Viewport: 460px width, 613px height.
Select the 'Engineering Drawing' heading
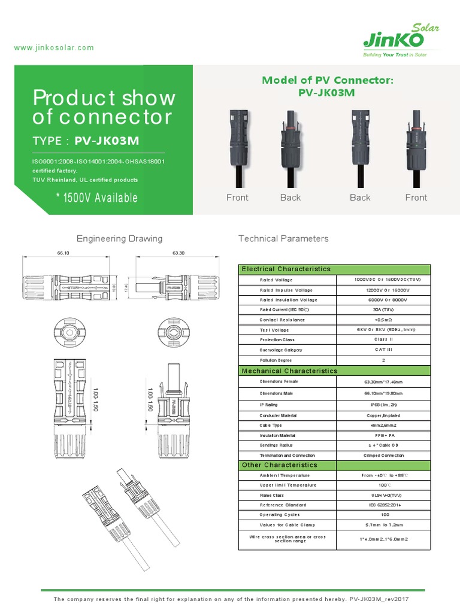pos(119,238)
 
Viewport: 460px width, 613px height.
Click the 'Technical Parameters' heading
pos(283,238)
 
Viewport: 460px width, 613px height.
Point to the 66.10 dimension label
pos(63,253)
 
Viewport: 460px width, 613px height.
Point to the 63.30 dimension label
pos(178,253)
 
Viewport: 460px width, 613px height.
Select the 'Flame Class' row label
pos(271,496)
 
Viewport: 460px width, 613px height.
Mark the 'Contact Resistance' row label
pos(282,320)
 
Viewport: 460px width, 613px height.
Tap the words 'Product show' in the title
pos(104,98)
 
